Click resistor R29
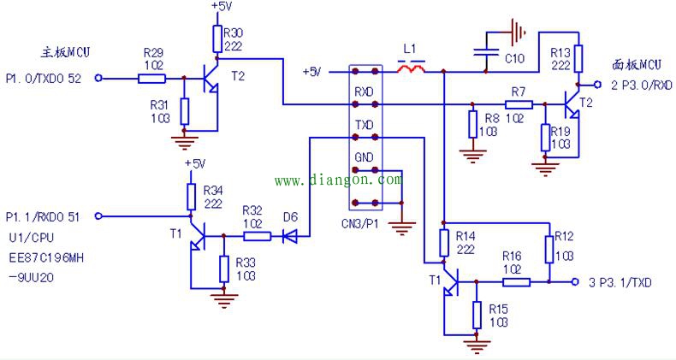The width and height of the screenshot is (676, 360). click(x=151, y=79)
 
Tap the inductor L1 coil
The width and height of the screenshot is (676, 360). click(x=416, y=68)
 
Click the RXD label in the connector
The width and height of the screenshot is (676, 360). click(x=364, y=90)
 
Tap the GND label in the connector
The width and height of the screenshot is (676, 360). click(x=364, y=159)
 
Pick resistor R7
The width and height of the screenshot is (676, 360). click(x=518, y=104)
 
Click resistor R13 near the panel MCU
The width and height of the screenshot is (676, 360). click(x=579, y=59)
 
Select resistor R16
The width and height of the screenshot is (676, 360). click(x=513, y=280)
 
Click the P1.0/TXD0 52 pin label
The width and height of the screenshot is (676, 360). click(x=45, y=79)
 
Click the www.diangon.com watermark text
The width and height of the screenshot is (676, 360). click(x=337, y=180)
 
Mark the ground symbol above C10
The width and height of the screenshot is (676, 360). click(x=514, y=32)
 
